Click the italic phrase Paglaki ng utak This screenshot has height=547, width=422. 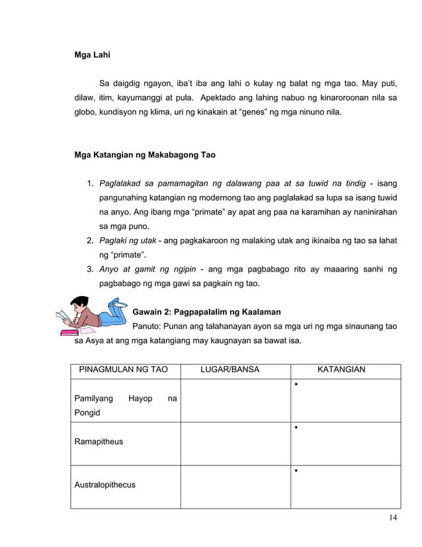128,240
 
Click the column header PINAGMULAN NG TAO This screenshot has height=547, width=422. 124,370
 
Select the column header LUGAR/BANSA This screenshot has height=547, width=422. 230,370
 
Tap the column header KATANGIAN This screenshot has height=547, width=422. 341,370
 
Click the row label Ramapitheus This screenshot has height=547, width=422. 99,442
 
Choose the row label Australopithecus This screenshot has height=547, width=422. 105,485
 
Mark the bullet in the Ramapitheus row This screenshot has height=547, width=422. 298,428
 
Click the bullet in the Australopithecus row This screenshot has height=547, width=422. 298,471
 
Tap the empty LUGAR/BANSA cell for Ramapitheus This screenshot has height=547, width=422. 235,443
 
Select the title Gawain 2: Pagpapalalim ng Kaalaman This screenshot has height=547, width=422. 207,312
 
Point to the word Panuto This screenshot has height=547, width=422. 149,326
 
